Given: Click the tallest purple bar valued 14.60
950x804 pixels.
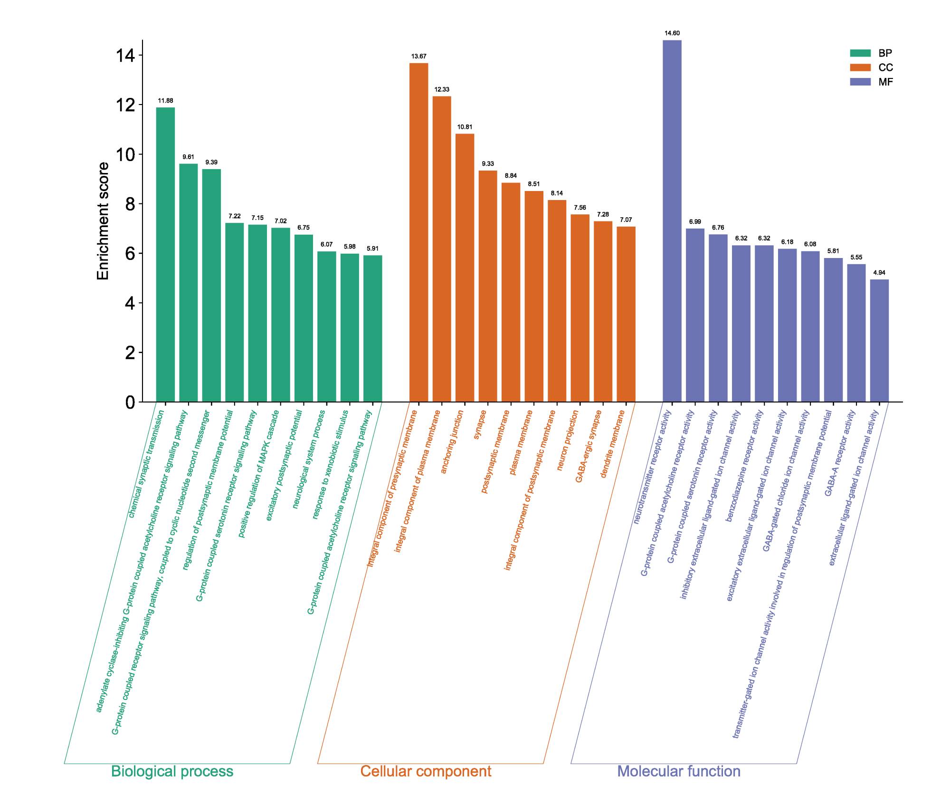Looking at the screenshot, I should point(672,221).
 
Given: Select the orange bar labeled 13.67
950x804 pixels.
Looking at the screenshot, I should point(418,232).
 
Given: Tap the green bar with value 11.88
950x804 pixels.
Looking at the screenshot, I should point(165,255).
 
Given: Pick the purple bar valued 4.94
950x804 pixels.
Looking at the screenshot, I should point(879,340).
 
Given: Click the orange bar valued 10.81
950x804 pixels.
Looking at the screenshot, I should point(465,268).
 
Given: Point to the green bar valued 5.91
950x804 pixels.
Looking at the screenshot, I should point(372,328).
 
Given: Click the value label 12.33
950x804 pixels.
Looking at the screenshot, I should point(442,89).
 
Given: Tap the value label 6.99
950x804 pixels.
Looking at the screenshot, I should point(695,222).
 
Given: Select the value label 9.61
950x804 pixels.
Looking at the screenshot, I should point(189,157).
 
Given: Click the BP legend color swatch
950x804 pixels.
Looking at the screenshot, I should point(860,53).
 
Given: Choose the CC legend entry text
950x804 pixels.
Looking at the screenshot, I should point(886,67).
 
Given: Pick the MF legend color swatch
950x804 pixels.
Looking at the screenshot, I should point(860,82).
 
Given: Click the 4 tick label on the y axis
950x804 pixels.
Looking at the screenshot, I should point(130,303).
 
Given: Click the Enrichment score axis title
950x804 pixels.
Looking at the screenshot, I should point(103,221).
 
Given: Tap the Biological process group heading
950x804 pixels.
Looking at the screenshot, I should point(172,771).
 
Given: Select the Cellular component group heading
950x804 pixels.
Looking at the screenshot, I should point(426,771).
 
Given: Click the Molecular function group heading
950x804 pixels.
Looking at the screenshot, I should point(678,771).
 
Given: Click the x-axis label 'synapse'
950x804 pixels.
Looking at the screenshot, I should point(480,424).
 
